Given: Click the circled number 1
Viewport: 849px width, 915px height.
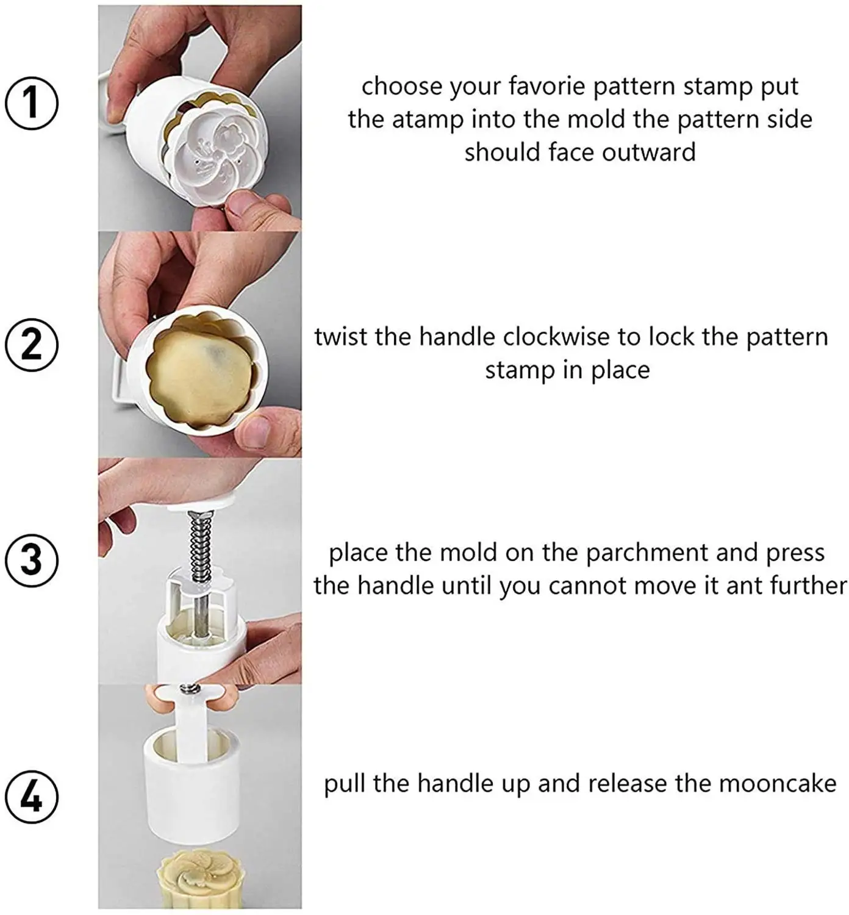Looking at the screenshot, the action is [x=32, y=103].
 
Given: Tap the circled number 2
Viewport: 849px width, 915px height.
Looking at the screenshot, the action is [x=32, y=345].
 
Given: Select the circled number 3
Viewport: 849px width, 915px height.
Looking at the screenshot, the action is [x=32, y=560].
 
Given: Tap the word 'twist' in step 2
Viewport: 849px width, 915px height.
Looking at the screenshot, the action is [x=341, y=337].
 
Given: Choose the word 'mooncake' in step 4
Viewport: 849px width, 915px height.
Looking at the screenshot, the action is [x=778, y=784].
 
